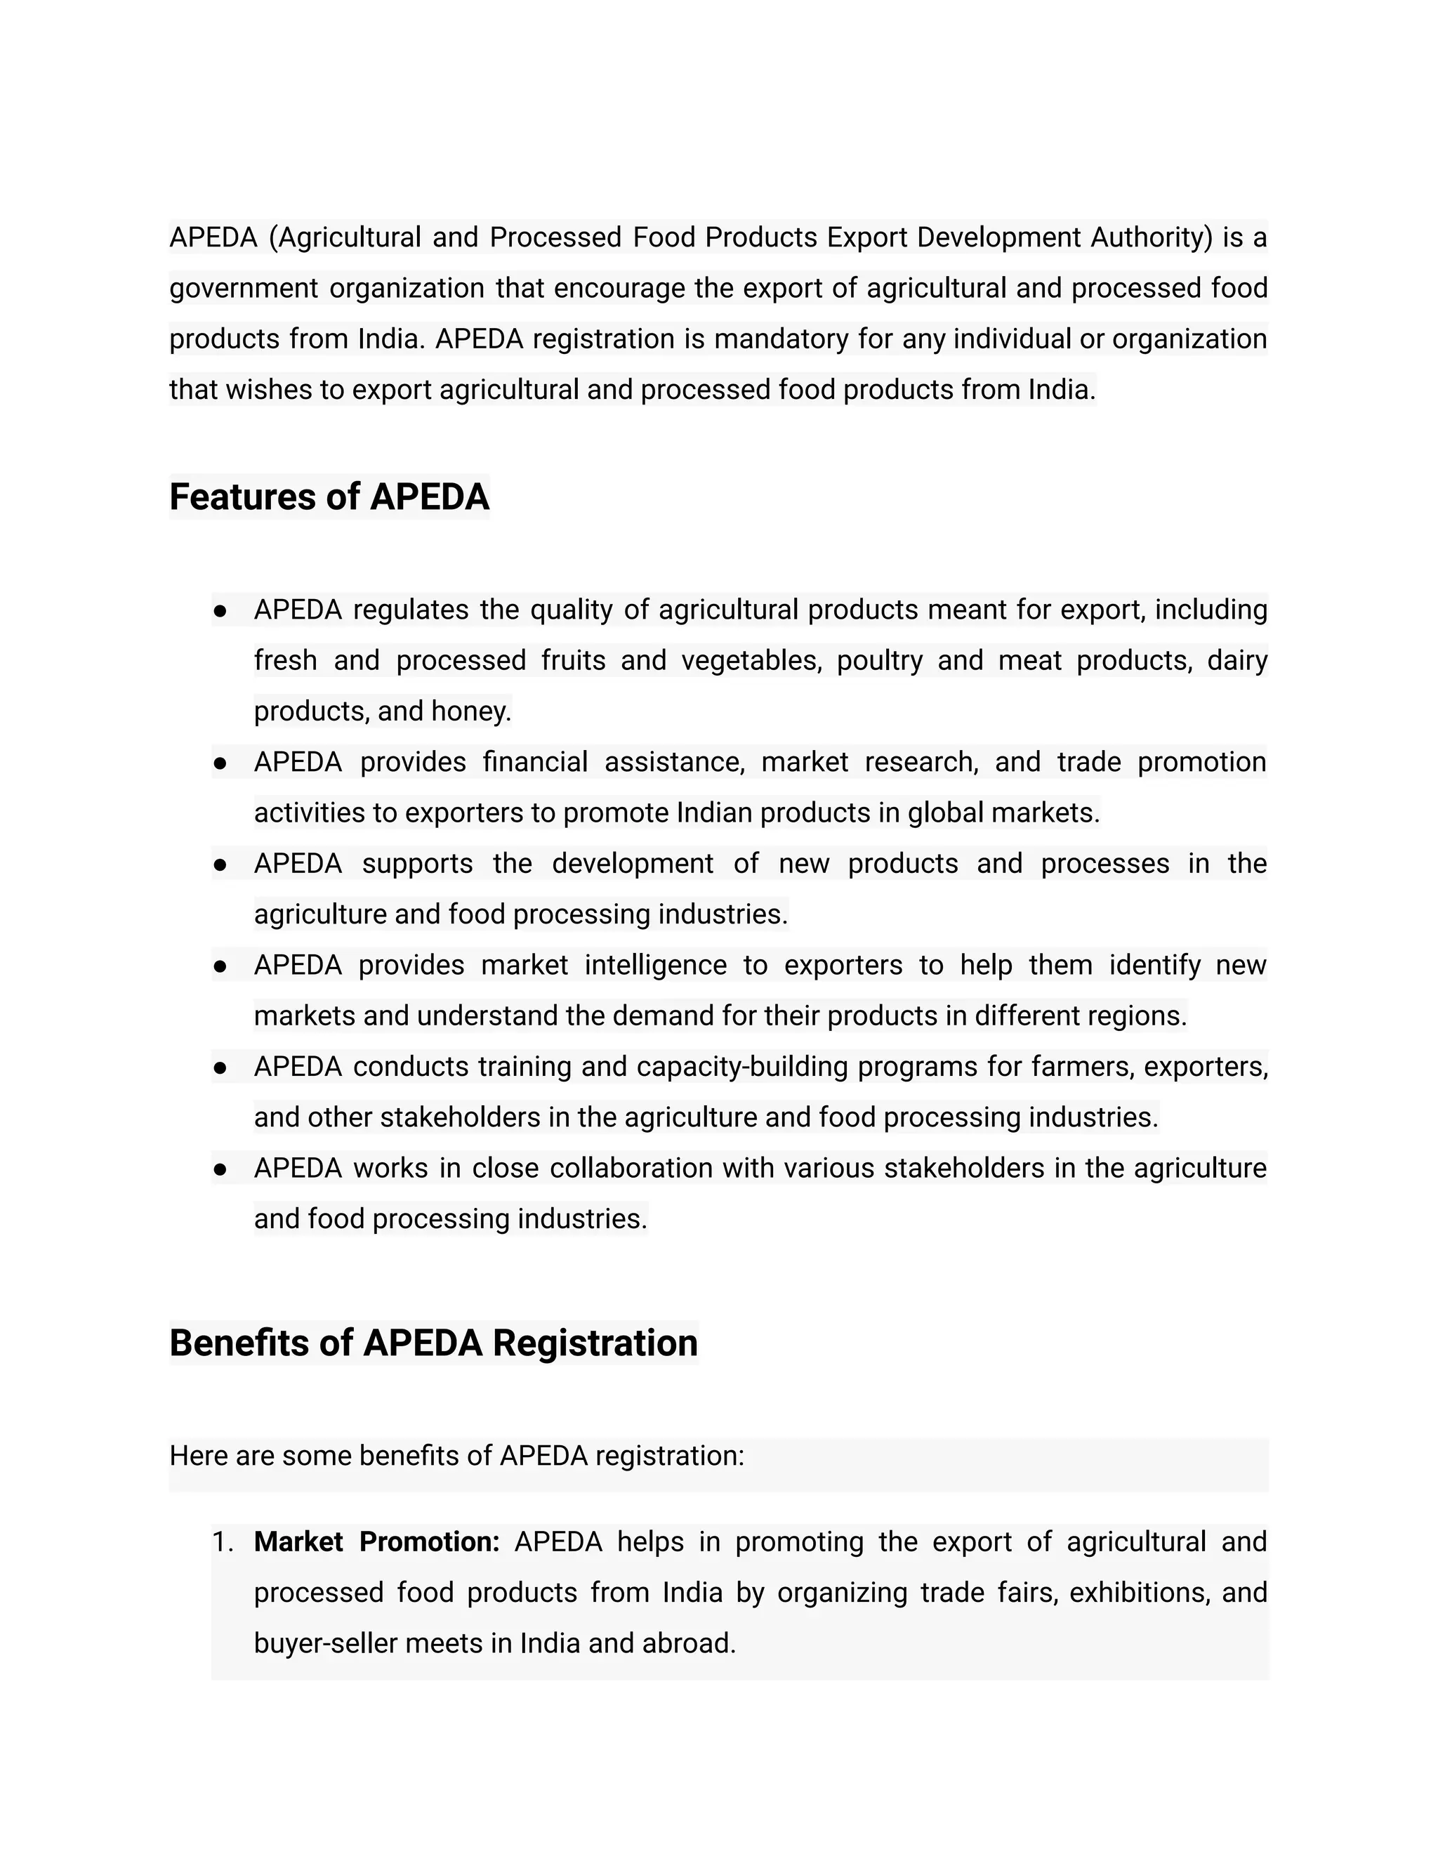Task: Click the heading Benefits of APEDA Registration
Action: click(434, 1342)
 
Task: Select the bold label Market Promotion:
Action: click(376, 1541)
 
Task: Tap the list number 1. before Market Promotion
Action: click(223, 1541)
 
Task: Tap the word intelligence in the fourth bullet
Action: click(655, 965)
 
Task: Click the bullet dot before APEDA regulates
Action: click(220, 611)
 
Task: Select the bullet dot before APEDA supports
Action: click(220, 865)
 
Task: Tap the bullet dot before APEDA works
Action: click(220, 1169)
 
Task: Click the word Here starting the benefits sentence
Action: click(199, 1455)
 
